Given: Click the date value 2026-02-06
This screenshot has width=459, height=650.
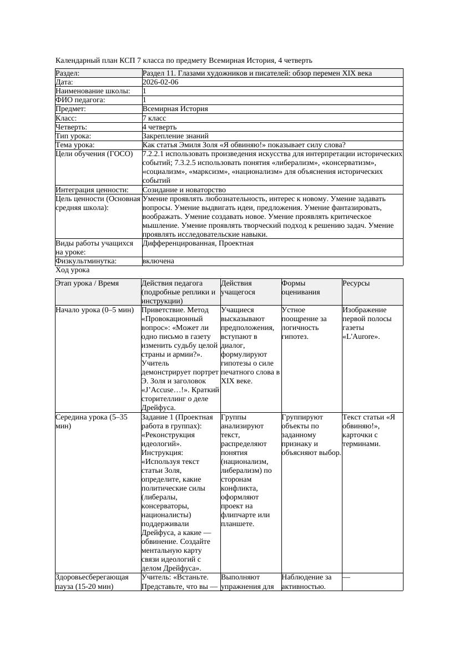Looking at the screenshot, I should point(160,82).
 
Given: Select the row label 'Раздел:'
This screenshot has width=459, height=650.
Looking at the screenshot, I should point(68,73).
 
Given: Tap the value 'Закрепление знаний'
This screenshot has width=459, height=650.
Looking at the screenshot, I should point(175,136).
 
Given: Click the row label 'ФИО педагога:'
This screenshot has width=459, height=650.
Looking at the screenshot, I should point(80,100).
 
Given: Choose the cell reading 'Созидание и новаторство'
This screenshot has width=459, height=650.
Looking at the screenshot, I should point(184,189).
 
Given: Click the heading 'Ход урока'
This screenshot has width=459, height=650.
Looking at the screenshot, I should point(73,270).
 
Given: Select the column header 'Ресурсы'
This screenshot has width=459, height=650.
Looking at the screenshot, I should point(356,283).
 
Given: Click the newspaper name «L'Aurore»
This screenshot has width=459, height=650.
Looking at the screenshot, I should point(361,337).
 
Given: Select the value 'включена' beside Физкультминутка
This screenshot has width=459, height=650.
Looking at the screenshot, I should point(158,261).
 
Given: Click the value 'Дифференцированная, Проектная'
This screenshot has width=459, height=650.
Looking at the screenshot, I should point(198,243).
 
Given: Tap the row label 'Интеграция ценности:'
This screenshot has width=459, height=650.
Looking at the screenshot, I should point(92,189).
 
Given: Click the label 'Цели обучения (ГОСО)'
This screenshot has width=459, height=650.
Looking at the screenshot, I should point(94,154).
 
